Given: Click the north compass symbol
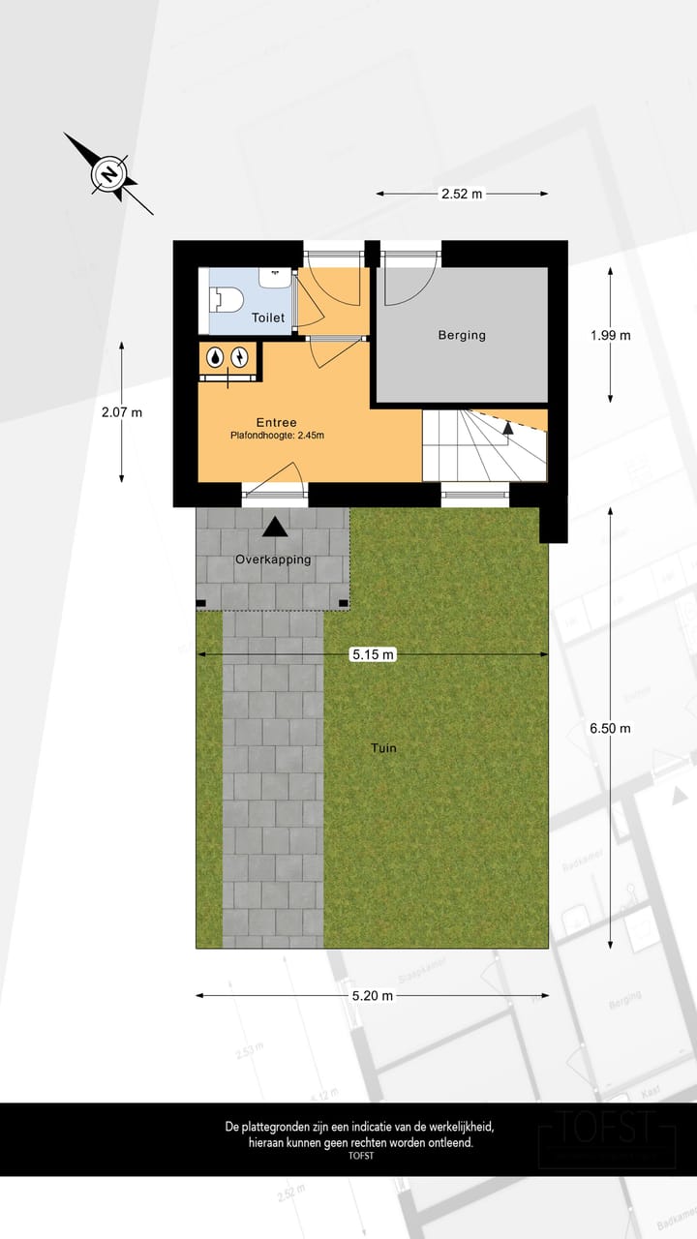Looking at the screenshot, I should (109, 174).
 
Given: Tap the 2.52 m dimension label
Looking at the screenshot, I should (462, 194).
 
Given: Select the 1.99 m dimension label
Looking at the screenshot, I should (610, 336).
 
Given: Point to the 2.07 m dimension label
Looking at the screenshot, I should (122, 412).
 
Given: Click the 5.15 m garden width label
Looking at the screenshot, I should (373, 655).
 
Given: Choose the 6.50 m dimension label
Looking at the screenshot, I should (610, 728).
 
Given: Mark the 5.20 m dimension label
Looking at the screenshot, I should (373, 995).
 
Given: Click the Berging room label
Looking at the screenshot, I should (462, 336).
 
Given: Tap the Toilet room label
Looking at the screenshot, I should (268, 317).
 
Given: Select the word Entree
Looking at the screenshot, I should (276, 422).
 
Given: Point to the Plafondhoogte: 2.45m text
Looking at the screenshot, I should (277, 436).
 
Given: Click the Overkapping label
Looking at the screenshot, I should (273, 559).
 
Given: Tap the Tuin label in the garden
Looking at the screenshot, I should (383, 748).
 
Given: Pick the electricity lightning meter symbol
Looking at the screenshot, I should (239, 357).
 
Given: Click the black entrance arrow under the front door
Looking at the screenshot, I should (276, 528).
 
